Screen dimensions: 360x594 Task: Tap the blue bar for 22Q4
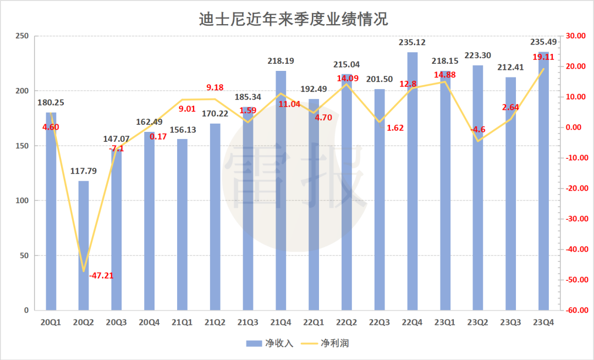pyautogui.click(x=412, y=181)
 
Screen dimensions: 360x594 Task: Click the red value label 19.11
pyautogui.click(x=543, y=57)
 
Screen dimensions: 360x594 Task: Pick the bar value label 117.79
pyautogui.click(x=84, y=171)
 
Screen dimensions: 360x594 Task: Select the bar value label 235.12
pyautogui.click(x=413, y=42)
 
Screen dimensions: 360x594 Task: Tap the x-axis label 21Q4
pyautogui.click(x=280, y=322)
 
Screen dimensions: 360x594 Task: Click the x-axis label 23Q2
pyautogui.click(x=477, y=322)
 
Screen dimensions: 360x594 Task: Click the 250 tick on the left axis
pyautogui.click(x=21, y=36)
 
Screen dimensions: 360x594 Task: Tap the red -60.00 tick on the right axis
pyautogui.click(x=574, y=311)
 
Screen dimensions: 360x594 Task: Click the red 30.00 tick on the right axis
pyautogui.click(x=574, y=36)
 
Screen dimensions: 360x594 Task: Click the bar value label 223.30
pyautogui.click(x=477, y=56)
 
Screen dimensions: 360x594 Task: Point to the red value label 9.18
pyautogui.click(x=215, y=87)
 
